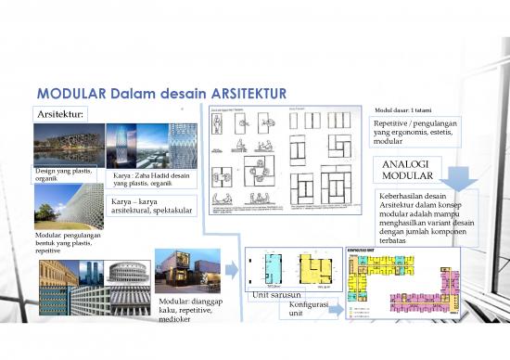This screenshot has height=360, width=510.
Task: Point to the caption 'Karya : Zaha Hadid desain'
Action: point(153,176)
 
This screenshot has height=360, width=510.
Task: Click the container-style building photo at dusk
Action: point(187,270)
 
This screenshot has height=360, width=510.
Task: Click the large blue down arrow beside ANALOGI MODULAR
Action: point(457,178)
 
